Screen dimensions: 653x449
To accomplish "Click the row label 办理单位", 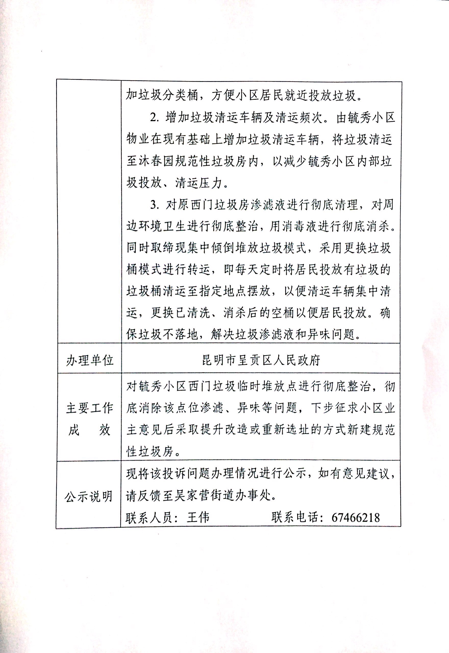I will pos(90,360).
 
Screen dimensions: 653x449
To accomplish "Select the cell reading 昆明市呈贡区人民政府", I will pos(261,360).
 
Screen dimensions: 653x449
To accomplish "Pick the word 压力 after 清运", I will pos(210,183).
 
